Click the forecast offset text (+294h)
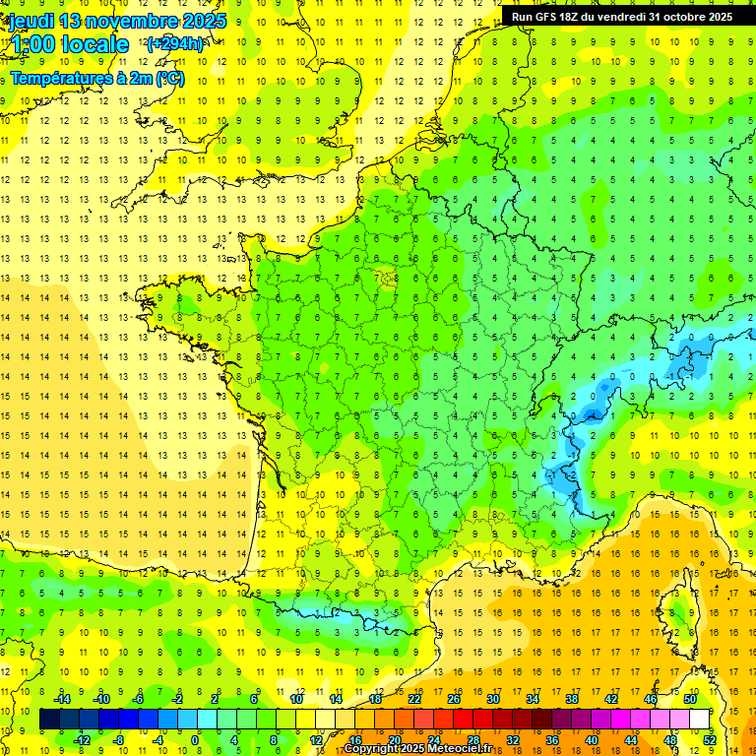[x=175, y=44]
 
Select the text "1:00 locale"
[x=69, y=45]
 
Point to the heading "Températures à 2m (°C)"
[x=96, y=79]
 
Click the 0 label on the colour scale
[x=195, y=740]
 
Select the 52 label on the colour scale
[x=710, y=740]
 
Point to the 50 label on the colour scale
[x=690, y=699]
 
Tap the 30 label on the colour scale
[x=492, y=699]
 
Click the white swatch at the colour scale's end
[x=700, y=720]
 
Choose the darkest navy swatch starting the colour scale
[x=49, y=720]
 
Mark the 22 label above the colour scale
[x=414, y=699]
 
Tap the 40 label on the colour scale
[x=592, y=740]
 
